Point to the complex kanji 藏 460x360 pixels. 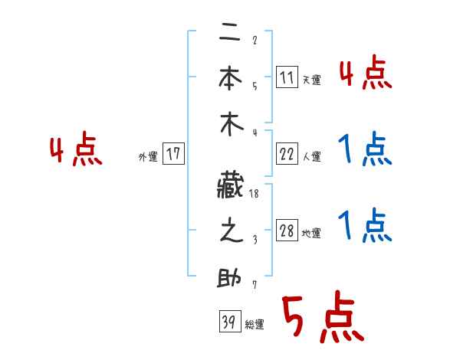(230, 184)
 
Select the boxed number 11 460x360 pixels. (287, 77)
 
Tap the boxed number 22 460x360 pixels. (287, 154)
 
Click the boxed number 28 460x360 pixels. (287, 231)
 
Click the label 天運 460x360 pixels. (311, 80)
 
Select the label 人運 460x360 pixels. (311, 156)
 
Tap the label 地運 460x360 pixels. (311, 234)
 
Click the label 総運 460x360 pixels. (255, 325)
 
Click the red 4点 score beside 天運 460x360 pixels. (365, 74)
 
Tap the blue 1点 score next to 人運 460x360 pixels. (365, 150)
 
